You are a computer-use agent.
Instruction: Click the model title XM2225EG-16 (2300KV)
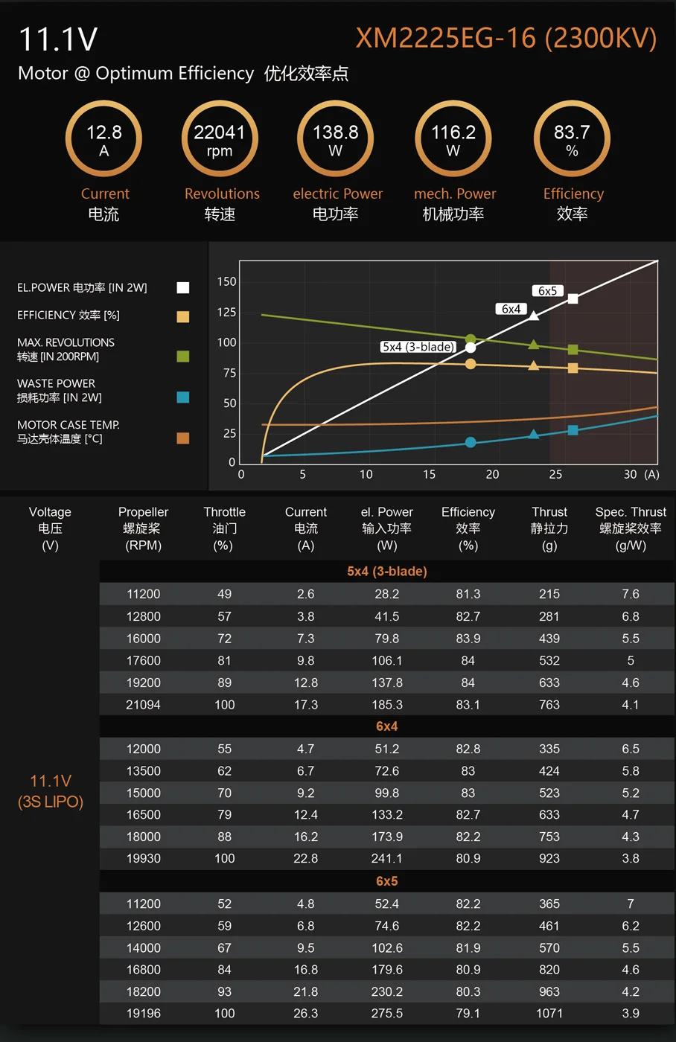click(506, 38)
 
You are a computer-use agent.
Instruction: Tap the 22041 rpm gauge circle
click(220, 139)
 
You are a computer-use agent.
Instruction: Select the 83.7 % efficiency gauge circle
click(572, 139)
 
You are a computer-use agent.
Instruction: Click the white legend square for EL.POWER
click(182, 288)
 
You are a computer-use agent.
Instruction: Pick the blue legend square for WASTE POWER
click(182, 397)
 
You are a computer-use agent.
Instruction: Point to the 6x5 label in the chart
click(547, 291)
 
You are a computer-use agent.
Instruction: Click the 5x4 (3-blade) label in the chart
click(418, 347)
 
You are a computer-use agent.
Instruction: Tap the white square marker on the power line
click(573, 298)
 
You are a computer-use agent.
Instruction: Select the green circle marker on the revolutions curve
click(471, 339)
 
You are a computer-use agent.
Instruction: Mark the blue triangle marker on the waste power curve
click(533, 434)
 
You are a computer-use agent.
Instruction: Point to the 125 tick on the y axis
click(226, 312)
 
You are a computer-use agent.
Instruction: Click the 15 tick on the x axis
click(430, 474)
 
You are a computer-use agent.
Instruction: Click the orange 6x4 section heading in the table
click(386, 726)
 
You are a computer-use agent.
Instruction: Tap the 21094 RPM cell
click(143, 705)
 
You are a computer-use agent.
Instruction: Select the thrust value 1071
click(549, 1014)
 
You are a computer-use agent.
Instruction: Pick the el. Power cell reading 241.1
click(387, 859)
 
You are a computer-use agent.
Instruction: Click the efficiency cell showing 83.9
click(468, 639)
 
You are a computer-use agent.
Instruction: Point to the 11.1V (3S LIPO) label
click(51, 791)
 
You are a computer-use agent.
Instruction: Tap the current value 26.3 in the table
click(305, 1014)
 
